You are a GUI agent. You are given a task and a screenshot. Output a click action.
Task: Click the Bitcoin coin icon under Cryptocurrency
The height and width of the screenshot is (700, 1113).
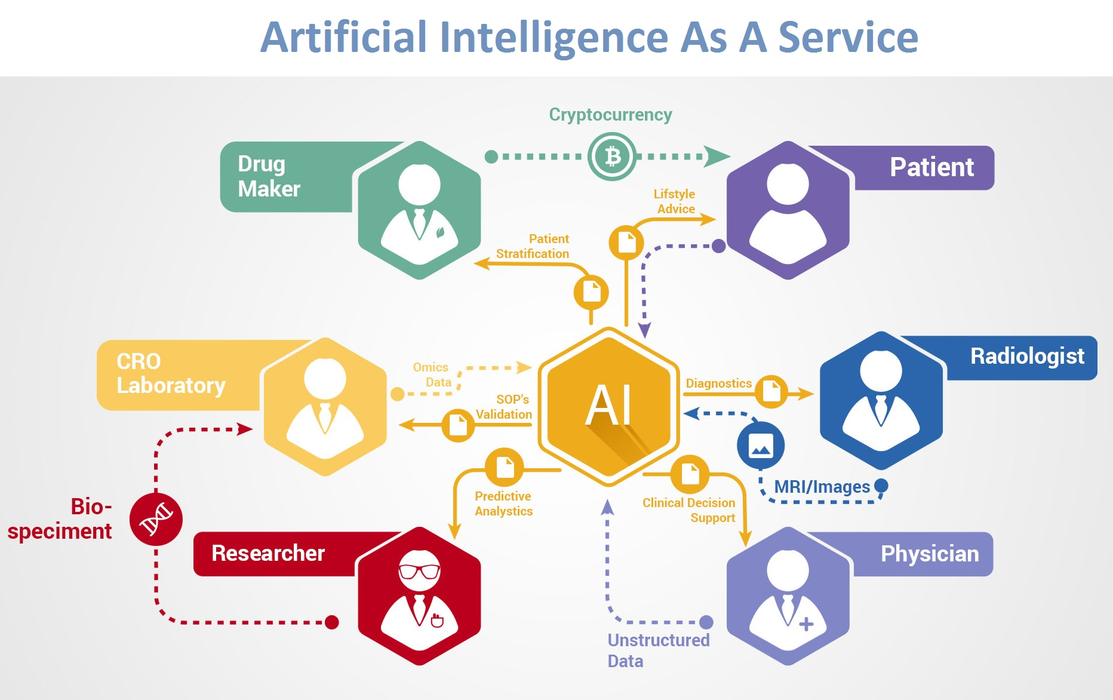coord(612,156)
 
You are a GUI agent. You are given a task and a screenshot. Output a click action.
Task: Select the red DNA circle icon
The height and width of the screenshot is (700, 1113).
coord(156,519)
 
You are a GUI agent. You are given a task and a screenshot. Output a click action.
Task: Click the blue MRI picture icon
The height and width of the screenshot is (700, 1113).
coord(760,446)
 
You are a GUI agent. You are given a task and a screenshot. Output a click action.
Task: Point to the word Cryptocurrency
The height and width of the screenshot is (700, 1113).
coord(610,115)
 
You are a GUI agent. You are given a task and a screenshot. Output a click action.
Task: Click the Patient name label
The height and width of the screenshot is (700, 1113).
coord(931,167)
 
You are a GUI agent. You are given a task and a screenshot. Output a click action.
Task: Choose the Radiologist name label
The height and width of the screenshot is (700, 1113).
coord(1027,357)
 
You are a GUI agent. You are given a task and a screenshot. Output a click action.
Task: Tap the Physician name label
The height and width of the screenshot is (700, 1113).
coord(930,554)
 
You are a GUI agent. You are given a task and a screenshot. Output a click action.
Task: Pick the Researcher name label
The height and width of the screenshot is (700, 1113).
coord(268,553)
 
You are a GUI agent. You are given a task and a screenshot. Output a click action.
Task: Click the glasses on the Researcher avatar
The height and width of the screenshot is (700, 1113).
coord(419,572)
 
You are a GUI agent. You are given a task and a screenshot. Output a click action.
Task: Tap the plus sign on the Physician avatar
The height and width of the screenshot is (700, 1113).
coord(806,624)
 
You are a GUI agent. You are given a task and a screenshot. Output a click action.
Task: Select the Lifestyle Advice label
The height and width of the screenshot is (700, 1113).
coord(675,201)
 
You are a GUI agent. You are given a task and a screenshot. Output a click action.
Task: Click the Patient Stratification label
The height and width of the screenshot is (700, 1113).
coord(533,246)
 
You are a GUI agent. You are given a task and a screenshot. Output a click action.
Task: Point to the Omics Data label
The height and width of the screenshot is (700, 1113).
coord(432,374)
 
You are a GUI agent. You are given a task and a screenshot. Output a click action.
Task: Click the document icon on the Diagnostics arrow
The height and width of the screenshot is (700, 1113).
coord(771,392)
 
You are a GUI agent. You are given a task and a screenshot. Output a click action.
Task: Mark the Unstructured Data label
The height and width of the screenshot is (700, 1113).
coord(658,650)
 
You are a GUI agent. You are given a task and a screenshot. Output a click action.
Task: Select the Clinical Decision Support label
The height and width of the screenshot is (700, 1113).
coord(689,510)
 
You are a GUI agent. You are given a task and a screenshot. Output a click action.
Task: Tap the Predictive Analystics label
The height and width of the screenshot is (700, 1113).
coord(503,503)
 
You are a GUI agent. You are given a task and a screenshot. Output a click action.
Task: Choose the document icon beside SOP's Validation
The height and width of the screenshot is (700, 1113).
coord(458,425)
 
